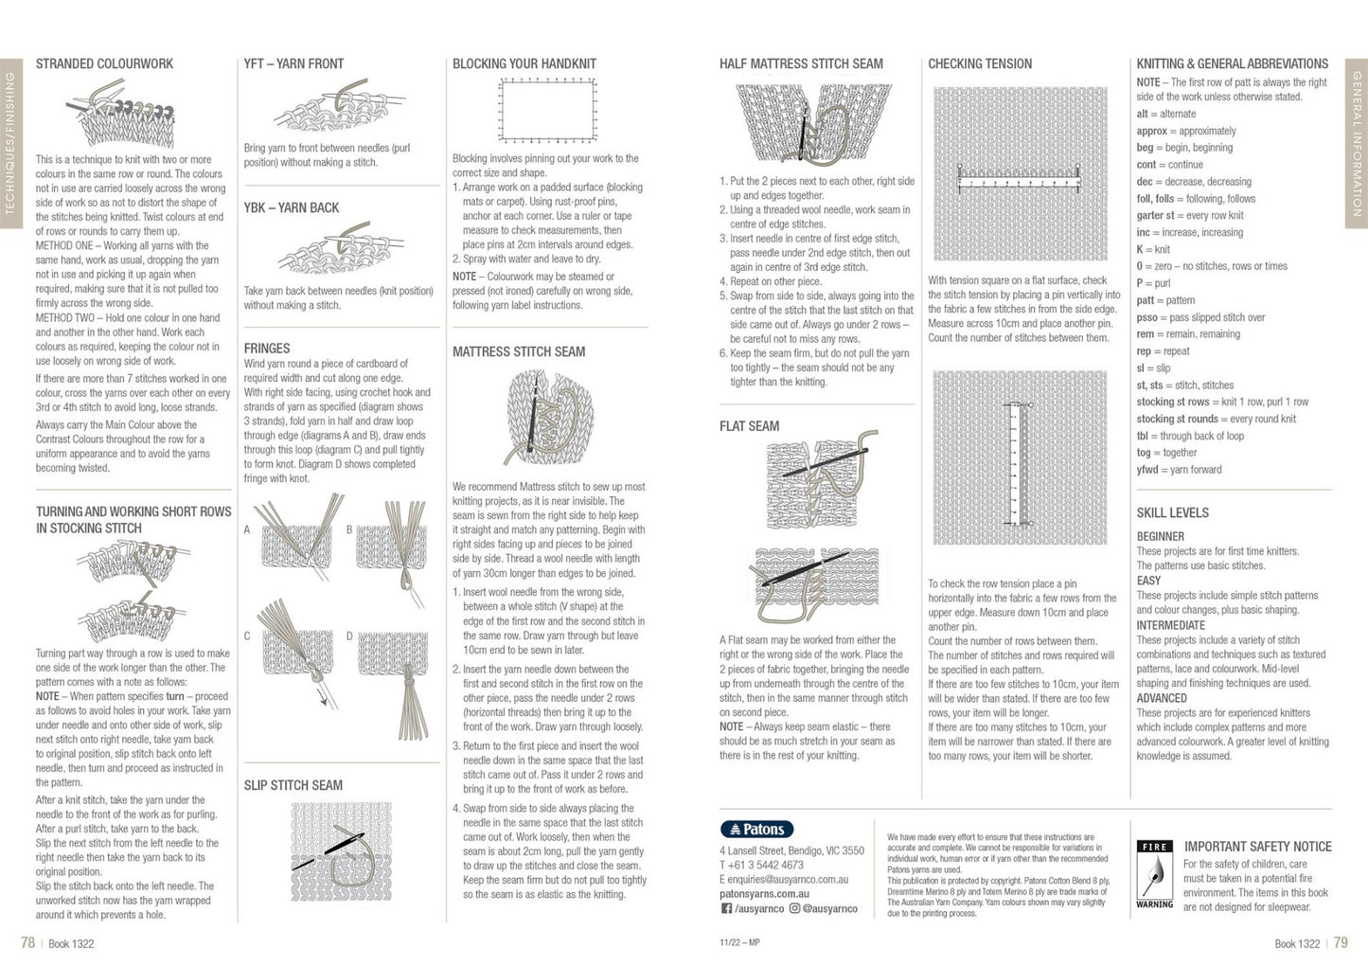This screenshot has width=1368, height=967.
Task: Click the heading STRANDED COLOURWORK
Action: coord(104,63)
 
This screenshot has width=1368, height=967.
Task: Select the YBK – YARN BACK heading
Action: coord(291,207)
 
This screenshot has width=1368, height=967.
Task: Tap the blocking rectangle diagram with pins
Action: coord(548,111)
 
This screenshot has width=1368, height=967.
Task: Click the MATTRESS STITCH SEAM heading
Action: coord(519,351)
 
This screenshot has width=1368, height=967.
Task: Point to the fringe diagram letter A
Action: coord(247,529)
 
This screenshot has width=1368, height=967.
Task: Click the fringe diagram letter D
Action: coord(349,636)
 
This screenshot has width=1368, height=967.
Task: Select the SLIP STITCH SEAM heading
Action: coord(293,785)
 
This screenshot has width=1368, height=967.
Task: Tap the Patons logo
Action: coord(756,830)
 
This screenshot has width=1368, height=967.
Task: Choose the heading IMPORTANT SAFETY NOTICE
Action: coord(1257,847)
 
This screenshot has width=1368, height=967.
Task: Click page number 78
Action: coord(27,942)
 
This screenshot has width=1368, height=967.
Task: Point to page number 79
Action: coord(1341,942)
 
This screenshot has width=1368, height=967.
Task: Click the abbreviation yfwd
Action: coord(1147,470)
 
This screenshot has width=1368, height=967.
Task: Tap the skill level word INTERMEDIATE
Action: coord(1170,625)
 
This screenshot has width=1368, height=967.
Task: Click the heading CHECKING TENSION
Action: coord(980,63)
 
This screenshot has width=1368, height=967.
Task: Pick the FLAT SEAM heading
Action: coord(749,426)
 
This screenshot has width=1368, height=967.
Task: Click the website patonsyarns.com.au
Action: coord(764,893)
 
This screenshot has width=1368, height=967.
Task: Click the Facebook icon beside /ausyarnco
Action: coord(726,908)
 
